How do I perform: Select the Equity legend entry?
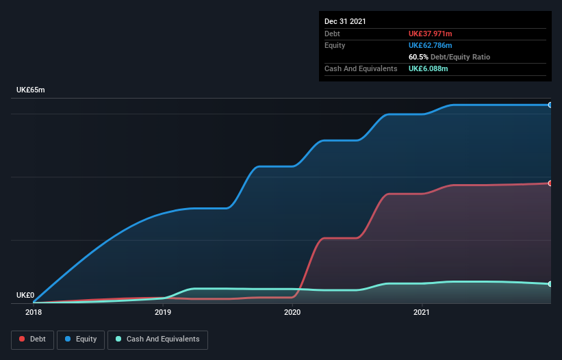click(x=80, y=339)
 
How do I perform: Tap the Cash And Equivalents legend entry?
click(x=157, y=339)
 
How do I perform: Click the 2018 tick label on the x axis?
click(x=33, y=313)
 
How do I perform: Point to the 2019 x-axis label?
click(x=163, y=313)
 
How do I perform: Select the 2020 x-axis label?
click(x=292, y=313)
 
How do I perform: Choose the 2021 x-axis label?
click(x=422, y=313)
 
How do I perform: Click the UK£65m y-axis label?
click(x=30, y=90)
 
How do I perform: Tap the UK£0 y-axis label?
click(x=25, y=296)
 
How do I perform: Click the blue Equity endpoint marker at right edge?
click(x=550, y=105)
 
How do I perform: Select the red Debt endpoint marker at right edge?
click(x=550, y=183)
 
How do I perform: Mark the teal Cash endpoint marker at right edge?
click(x=550, y=283)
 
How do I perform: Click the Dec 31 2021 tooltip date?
click(x=345, y=21)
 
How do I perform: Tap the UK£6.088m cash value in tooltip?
click(x=429, y=68)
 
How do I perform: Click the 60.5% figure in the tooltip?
click(x=418, y=57)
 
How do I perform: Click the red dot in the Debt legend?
click(x=23, y=339)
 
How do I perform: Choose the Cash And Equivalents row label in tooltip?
click(x=361, y=68)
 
